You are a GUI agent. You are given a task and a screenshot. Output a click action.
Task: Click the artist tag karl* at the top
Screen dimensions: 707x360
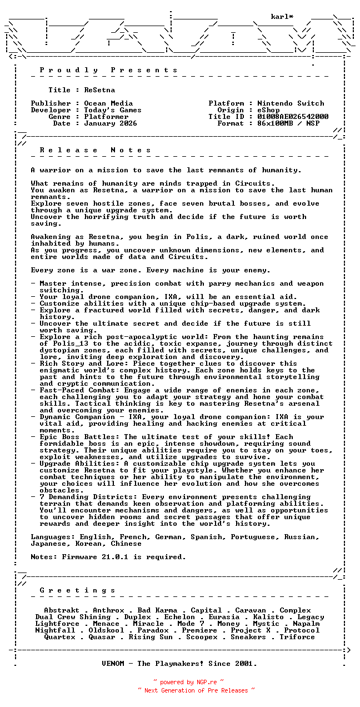click(x=282, y=17)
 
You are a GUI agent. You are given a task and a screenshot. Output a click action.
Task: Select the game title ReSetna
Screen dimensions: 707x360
click(x=99, y=90)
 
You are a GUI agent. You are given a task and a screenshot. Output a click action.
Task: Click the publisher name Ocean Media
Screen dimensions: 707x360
click(x=108, y=103)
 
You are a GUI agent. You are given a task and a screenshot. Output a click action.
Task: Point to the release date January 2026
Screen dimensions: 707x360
click(x=111, y=123)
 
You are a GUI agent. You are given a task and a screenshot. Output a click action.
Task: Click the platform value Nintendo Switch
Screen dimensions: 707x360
click(x=291, y=103)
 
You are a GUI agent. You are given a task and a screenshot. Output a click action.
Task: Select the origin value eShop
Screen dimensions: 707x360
click(x=268, y=110)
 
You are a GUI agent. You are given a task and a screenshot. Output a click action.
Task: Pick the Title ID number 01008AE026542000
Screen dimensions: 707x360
click(x=293, y=117)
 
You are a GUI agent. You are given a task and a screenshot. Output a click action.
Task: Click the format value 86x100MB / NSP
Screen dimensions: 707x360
click(x=288, y=123)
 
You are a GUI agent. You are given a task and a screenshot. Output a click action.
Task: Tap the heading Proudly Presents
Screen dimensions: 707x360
click(x=108, y=70)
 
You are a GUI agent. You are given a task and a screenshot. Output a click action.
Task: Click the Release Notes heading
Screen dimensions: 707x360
click(x=95, y=150)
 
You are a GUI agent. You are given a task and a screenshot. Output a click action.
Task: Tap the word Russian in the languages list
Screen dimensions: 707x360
click(x=302, y=537)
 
